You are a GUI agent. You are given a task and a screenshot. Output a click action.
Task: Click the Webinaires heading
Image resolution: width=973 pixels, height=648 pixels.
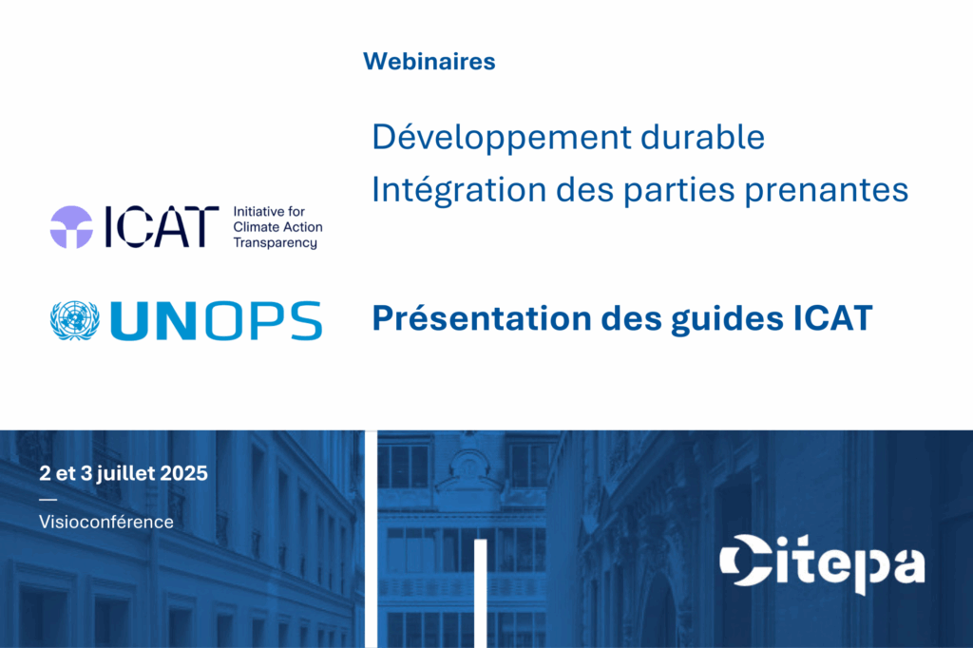coord(429,62)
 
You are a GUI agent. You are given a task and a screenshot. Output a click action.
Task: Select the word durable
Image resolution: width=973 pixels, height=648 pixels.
coord(702,137)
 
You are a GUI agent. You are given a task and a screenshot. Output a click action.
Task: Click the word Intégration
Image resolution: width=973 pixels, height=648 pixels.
coord(459,191)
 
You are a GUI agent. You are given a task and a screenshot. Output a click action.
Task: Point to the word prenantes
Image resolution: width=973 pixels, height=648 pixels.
coord(827,191)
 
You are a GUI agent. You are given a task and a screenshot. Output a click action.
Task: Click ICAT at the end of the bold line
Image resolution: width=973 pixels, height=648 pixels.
coord(832,318)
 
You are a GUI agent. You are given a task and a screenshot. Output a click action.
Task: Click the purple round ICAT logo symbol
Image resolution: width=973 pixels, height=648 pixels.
coord(71,227)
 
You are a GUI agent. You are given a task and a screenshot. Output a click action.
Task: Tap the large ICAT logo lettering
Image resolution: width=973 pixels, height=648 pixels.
coord(162,227)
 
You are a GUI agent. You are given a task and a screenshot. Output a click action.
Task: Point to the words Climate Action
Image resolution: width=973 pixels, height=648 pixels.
coord(278,227)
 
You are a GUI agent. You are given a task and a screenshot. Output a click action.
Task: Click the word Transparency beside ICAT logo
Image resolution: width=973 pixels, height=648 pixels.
coord(275,242)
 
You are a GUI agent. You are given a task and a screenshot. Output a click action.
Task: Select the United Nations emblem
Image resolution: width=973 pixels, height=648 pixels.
coord(74,321)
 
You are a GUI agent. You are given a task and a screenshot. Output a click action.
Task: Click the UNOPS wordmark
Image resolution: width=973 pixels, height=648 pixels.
coord(216,321)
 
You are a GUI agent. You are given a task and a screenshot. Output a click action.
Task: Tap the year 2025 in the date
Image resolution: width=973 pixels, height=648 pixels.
coord(183,473)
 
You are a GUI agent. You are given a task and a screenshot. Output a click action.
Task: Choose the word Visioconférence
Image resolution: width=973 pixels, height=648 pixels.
coord(106,522)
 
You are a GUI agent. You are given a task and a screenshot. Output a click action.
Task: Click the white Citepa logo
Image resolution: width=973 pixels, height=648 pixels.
coord(822,563)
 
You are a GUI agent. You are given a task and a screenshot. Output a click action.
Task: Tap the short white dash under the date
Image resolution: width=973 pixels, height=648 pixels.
coord(48,499)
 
